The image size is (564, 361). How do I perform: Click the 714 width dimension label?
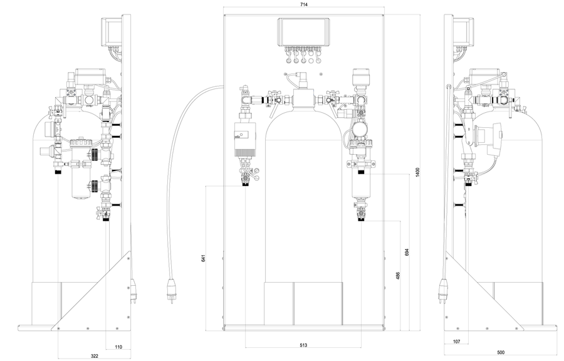304,4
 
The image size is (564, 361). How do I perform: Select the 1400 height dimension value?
417,172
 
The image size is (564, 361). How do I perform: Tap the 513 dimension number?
303,345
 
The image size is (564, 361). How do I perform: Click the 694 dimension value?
407,252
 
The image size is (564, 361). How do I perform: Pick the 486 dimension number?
398,276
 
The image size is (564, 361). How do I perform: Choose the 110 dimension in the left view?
118,347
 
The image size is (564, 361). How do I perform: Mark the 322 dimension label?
94,356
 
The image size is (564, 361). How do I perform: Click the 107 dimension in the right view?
456,342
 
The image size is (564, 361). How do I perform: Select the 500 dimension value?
500,352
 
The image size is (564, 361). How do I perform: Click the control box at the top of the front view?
304,31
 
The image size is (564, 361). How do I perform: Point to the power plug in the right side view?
442,292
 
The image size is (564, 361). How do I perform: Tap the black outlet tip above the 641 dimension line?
246,184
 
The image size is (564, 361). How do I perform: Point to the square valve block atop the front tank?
303,99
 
